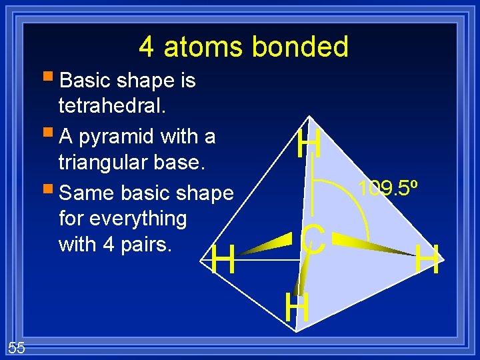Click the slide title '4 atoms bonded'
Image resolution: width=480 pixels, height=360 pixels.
pyautogui.click(x=243, y=47)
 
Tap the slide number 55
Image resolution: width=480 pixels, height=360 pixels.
pyautogui.click(x=17, y=346)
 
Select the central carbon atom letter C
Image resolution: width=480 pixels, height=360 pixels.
pyautogui.click(x=313, y=241)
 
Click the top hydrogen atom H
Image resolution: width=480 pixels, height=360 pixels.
pyautogui.click(x=310, y=144)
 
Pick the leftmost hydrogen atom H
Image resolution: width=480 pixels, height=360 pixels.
pyautogui.click(x=223, y=260)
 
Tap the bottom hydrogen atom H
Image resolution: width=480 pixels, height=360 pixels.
pyautogui.click(x=297, y=308)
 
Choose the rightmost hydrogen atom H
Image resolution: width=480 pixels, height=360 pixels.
pyautogui.click(x=427, y=260)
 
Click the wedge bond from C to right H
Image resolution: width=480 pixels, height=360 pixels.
pyautogui.click(x=373, y=245)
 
